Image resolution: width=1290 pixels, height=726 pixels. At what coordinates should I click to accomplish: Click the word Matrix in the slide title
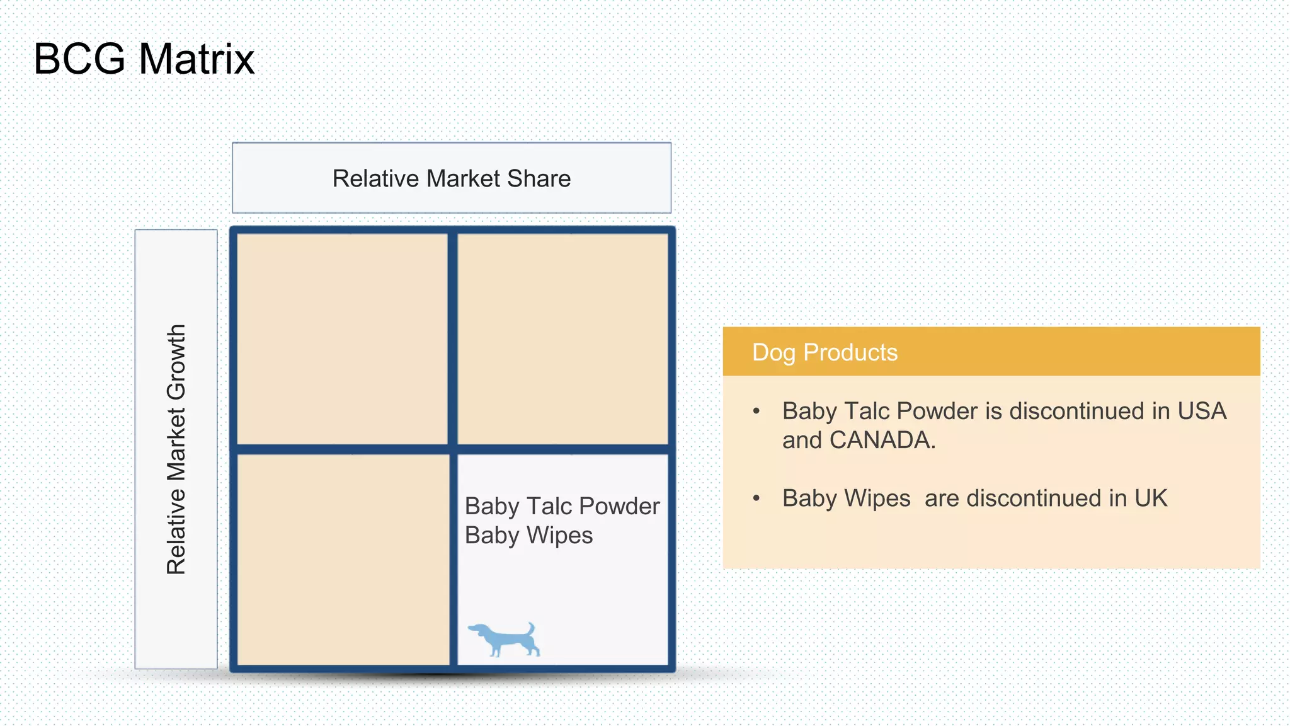[197, 59]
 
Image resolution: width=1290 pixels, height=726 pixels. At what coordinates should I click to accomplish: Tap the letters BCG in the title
[79, 59]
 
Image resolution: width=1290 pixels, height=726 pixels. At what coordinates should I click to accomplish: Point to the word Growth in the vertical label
[176, 362]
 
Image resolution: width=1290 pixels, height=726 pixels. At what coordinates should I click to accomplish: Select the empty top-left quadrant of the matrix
[342, 339]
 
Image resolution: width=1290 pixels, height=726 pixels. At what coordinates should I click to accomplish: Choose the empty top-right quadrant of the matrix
[562, 339]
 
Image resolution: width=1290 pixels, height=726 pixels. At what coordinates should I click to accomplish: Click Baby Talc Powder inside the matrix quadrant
[562, 506]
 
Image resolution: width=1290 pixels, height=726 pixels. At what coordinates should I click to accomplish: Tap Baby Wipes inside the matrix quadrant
[528, 536]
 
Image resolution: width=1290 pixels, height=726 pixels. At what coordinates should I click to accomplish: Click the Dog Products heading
[825, 352]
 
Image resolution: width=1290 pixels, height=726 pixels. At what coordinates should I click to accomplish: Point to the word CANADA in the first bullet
[882, 441]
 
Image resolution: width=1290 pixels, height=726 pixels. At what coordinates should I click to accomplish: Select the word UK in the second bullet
[1151, 498]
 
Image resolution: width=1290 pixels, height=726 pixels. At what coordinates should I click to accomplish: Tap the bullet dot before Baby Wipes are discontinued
[756, 498]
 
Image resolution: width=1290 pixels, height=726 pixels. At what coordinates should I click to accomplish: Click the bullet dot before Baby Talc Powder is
[756, 412]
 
